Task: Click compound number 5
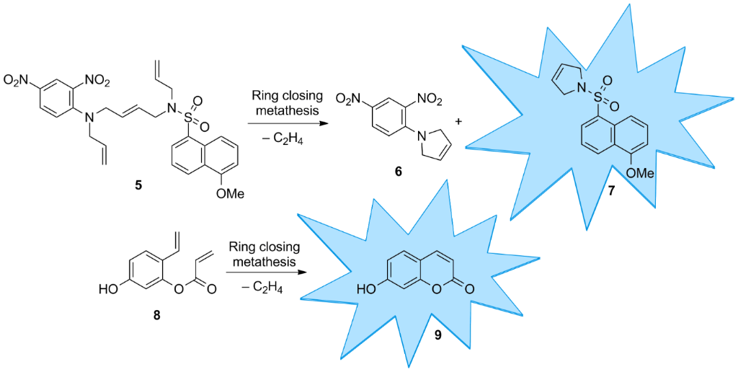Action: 138,185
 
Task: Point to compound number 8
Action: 156,315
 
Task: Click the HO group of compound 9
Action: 366,291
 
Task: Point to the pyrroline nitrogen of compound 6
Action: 411,134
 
